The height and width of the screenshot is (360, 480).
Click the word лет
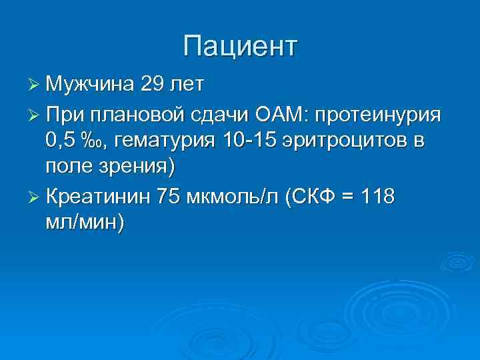pos(189,85)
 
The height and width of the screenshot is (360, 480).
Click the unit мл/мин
pos(84,224)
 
